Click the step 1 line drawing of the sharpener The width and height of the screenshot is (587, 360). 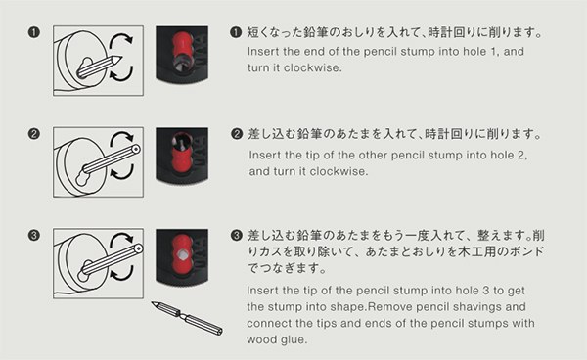click(x=98, y=61)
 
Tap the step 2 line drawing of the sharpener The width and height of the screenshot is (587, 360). click(x=98, y=162)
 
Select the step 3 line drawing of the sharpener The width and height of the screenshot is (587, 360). click(x=98, y=263)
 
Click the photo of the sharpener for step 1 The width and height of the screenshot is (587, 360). click(x=182, y=54)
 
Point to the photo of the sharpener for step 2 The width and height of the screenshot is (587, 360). click(x=182, y=156)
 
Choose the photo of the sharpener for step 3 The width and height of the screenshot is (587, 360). click(x=182, y=257)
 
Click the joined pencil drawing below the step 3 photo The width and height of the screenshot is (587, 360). click(x=187, y=318)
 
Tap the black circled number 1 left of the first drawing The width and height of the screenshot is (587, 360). click(x=33, y=32)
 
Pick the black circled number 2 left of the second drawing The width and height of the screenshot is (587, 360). click(x=33, y=134)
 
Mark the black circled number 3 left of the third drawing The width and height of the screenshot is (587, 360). click(x=33, y=236)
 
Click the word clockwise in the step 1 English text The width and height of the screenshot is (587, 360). click(x=313, y=67)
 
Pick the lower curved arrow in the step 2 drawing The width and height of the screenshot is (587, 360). click(x=122, y=173)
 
